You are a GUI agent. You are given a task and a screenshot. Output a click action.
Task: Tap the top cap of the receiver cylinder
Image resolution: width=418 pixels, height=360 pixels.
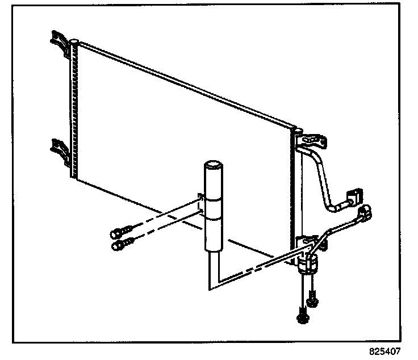(x=214, y=165)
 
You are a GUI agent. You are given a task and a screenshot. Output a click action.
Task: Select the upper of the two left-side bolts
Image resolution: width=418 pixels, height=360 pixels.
(x=118, y=233)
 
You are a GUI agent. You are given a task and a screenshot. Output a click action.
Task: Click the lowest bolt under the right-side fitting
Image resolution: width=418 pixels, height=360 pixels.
(x=300, y=316)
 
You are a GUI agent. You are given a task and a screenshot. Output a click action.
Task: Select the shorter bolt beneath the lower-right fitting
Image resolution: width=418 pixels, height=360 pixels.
(x=312, y=298)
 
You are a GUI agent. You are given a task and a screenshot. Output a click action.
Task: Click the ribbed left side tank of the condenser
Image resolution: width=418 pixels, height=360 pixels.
(x=72, y=108)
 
